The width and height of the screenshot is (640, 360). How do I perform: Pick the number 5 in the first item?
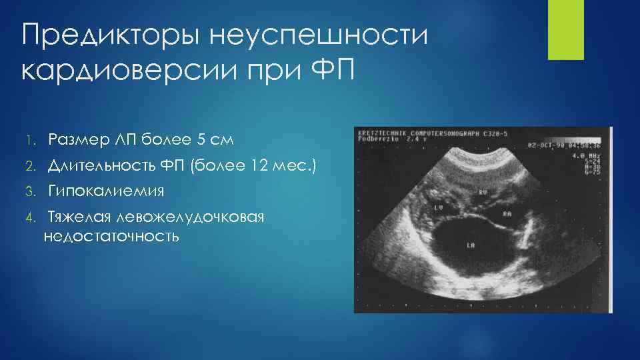(201, 141)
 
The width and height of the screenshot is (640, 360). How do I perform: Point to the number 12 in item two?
(265, 167)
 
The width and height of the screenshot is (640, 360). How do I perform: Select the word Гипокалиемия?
(106, 193)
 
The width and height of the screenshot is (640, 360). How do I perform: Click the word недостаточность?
(111, 236)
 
